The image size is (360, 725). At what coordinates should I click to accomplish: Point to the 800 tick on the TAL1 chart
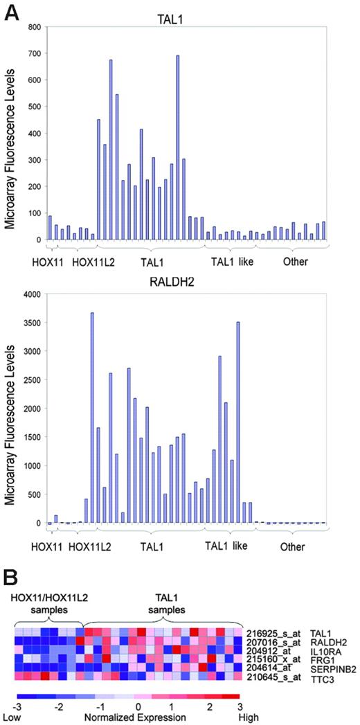tap(32, 27)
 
